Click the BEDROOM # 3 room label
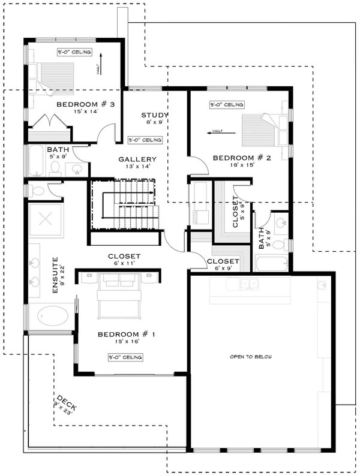85,105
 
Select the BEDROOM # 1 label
125,334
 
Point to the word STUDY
154,115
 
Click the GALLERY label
137,159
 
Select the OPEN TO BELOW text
251,357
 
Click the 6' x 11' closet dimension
124,263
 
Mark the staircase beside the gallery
127,204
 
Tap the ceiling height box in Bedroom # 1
125,357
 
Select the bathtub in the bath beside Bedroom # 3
37,160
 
